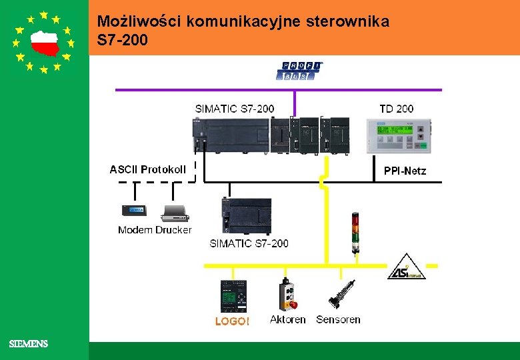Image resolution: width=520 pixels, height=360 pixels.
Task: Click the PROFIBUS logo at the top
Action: (x=299, y=71)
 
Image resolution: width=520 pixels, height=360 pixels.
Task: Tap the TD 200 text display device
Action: (x=399, y=136)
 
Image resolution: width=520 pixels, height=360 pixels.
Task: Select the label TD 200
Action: (x=396, y=109)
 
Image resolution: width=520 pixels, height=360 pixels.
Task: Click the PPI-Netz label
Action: (x=405, y=171)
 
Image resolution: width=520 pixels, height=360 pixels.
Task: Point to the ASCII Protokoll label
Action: (x=148, y=169)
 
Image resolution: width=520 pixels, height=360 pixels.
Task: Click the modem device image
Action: (x=135, y=211)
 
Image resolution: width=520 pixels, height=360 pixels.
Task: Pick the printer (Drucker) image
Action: (x=175, y=213)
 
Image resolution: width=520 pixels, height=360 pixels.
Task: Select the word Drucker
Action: (x=173, y=230)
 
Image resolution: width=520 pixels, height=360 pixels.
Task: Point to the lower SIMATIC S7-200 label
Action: (x=249, y=243)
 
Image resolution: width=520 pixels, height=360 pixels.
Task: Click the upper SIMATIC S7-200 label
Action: (x=234, y=109)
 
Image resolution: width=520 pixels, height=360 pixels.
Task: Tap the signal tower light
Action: (x=355, y=233)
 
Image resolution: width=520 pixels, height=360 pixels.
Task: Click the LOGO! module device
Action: (x=233, y=296)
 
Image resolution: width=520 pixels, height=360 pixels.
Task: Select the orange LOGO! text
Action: (x=232, y=321)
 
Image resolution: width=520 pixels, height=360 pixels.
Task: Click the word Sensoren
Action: (x=338, y=320)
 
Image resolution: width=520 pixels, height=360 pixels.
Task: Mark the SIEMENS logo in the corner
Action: (x=28, y=344)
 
